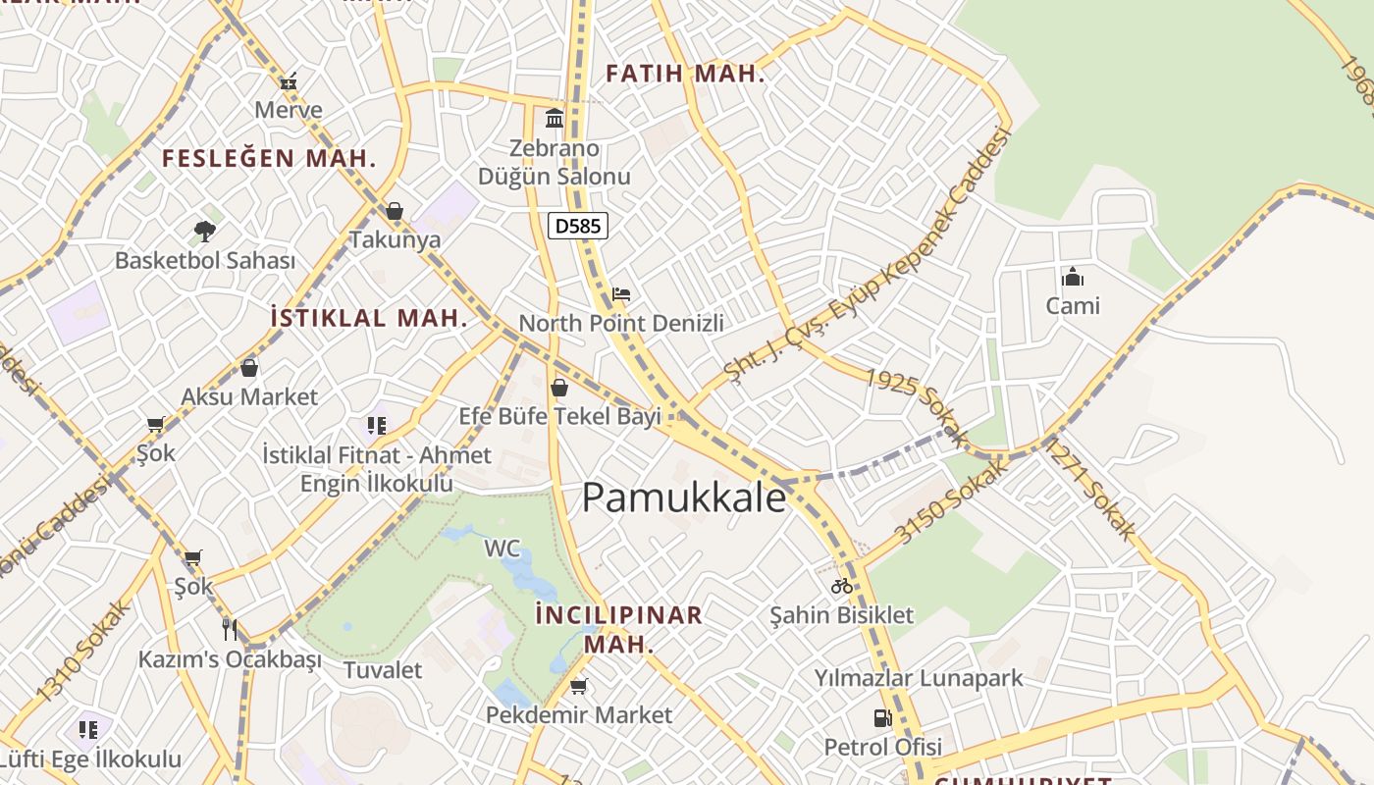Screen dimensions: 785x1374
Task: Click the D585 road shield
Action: pos(578,227)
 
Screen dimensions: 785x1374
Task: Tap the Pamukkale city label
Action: pos(684,497)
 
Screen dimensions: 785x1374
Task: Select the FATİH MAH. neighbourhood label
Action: pos(685,74)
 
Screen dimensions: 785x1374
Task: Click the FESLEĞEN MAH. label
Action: pos(269,158)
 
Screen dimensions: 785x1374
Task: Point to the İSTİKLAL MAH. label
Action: pos(368,318)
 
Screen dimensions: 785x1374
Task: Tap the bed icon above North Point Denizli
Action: pos(620,293)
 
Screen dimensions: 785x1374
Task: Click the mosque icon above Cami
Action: pos(1073,277)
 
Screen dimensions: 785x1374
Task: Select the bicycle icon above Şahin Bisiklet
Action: pos(841,586)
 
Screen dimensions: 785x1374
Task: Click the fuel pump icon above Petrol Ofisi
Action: pos(882,718)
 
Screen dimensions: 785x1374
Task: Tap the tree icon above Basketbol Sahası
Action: pos(204,232)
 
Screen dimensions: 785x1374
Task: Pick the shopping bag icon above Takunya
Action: pos(395,211)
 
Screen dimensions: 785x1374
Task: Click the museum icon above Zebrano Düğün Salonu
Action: pos(555,119)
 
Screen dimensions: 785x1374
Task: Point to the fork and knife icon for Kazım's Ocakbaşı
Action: pos(230,629)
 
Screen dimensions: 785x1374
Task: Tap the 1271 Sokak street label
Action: pos(1089,490)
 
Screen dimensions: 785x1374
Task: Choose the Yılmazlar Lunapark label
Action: pos(919,678)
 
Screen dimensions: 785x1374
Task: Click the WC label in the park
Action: pos(502,548)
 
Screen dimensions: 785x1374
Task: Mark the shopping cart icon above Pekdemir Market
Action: pos(579,686)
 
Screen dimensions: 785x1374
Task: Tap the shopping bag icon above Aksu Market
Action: pos(249,368)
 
